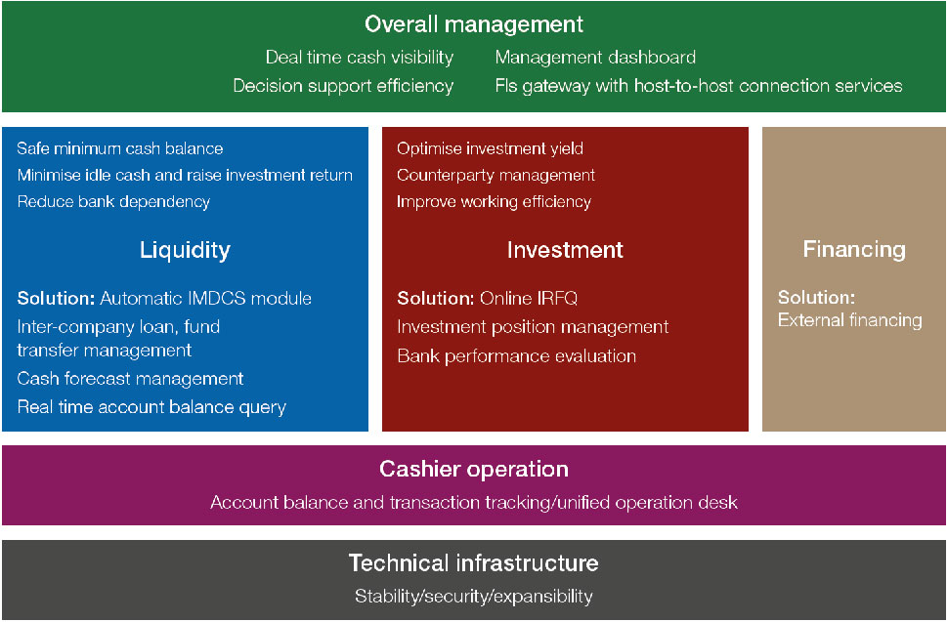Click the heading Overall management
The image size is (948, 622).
coord(473,24)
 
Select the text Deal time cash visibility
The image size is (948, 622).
coord(359,58)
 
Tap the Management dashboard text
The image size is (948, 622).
coord(595,57)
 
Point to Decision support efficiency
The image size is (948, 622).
coord(343,86)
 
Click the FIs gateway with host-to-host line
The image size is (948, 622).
coord(699,86)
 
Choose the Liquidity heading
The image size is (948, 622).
coord(185,250)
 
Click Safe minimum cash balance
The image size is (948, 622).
coord(119,148)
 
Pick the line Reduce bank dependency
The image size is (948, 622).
coord(113,202)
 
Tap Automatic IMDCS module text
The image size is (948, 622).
coord(205,299)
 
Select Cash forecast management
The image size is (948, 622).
coord(130,379)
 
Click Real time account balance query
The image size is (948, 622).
coord(151,407)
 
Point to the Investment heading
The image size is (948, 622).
coord(565,250)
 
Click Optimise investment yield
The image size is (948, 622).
coord(490,148)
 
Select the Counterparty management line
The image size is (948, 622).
coord(496,175)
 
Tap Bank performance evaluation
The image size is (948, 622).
coord(516,356)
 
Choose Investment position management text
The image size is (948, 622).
coord(533,327)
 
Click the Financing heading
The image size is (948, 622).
coord(854,249)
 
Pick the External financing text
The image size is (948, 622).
coord(850,320)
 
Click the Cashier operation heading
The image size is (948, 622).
coord(474,470)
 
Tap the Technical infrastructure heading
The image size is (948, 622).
coord(473,562)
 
